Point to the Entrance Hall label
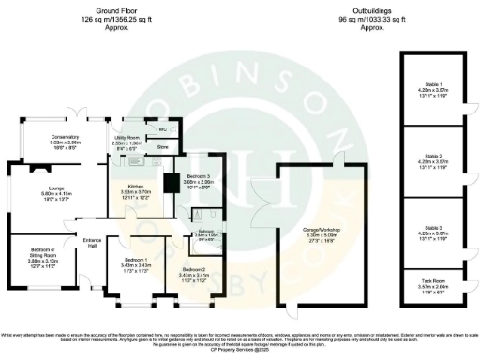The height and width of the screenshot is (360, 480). (x=92, y=240)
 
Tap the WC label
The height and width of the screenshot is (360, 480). (x=162, y=128)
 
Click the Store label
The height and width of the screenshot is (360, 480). (x=162, y=147)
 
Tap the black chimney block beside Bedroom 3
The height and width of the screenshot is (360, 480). (x=170, y=183)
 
